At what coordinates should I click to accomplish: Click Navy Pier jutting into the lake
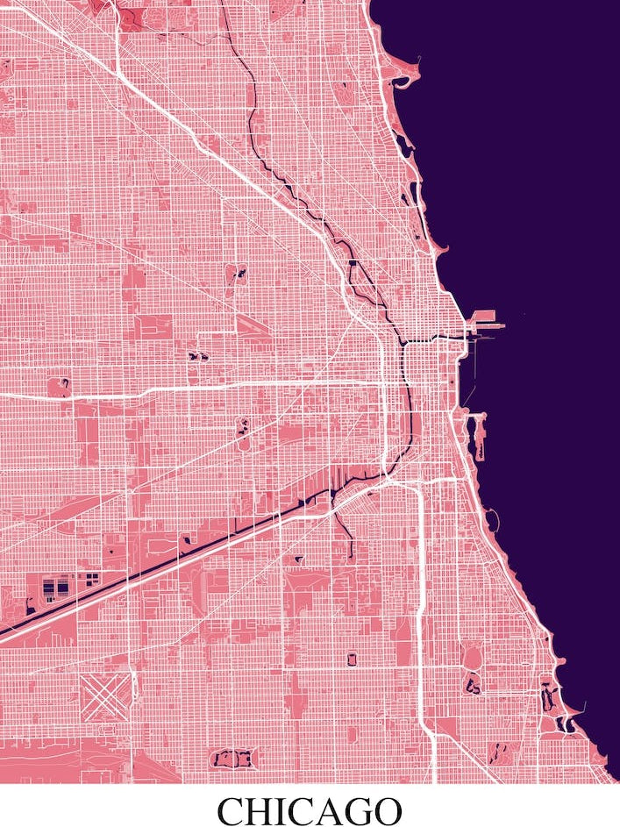pyautogui.click(x=488, y=322)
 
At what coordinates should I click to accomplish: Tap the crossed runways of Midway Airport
pyautogui.click(x=105, y=694)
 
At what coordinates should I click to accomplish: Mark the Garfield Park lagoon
pyautogui.click(x=196, y=356)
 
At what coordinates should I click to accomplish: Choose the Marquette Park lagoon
pyautogui.click(x=233, y=758)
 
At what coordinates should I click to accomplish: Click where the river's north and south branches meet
pyautogui.click(x=403, y=340)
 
